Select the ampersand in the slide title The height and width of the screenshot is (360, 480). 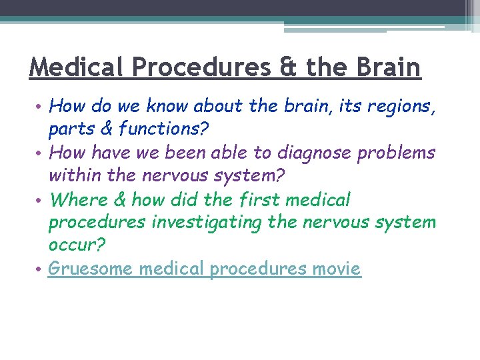coord(286,67)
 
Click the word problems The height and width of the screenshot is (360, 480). coord(397,153)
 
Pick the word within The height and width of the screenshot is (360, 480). coord(74,176)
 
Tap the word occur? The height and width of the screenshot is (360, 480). coord(77,246)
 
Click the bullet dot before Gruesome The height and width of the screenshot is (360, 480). coord(40,269)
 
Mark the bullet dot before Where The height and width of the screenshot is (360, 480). coord(40,199)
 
